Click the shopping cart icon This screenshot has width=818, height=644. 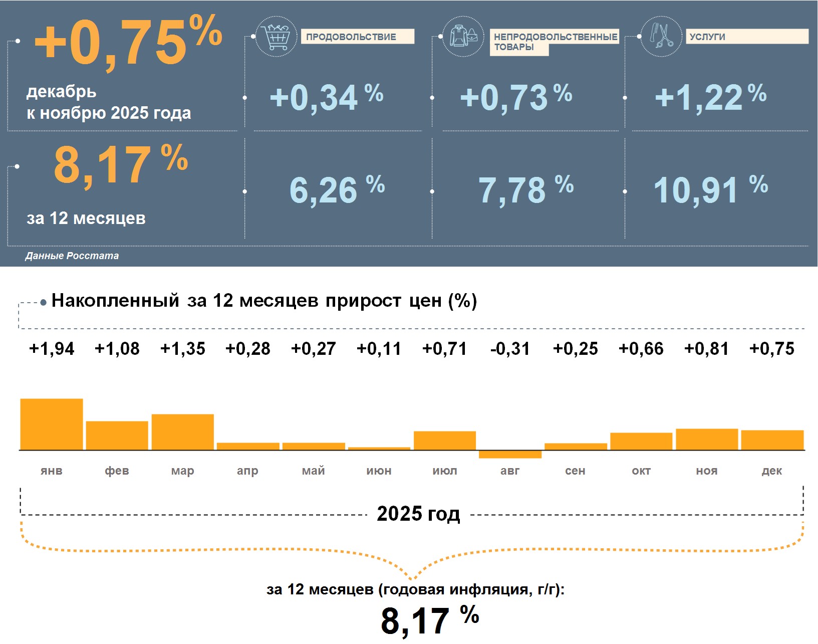coord(276,37)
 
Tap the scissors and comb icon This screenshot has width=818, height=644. coord(662,37)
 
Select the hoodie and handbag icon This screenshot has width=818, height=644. coord(463,37)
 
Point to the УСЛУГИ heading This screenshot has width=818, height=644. coord(707,37)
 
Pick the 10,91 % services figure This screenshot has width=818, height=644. coord(710,190)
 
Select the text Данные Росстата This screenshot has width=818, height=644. coord(72,256)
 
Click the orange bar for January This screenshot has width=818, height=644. coord(52,424)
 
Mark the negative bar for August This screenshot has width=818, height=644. coord(510,455)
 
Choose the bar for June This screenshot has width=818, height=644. coord(379,448)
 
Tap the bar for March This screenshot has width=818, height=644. coord(183,432)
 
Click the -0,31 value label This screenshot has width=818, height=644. coord(510,348)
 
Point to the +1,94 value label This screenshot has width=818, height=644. coord(52,348)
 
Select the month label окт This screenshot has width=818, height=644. coord(641,471)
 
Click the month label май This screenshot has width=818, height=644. coord(314,471)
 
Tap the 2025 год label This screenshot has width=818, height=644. coord(418,514)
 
